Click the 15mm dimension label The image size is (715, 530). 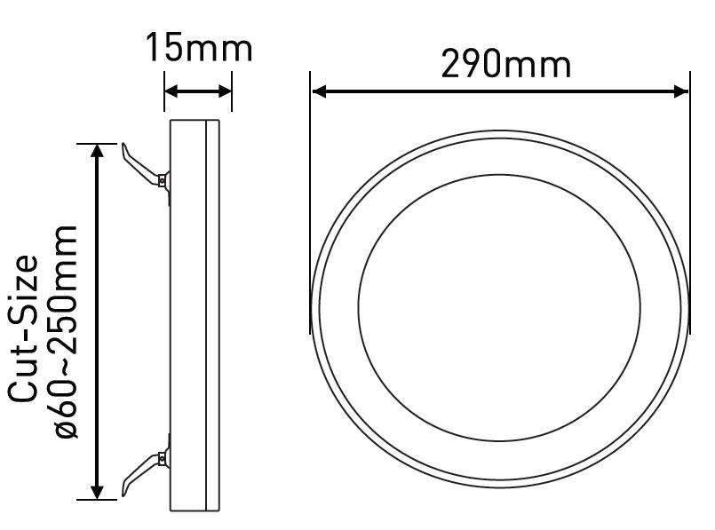[199, 47]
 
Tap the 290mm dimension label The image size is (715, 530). [505, 64]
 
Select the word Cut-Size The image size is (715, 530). [23, 328]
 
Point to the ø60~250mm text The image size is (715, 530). [66, 332]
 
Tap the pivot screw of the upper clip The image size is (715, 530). [162, 181]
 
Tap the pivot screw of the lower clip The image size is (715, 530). [162, 457]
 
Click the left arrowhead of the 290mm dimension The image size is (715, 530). [319, 91]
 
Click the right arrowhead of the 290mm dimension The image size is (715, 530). [680, 91]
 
